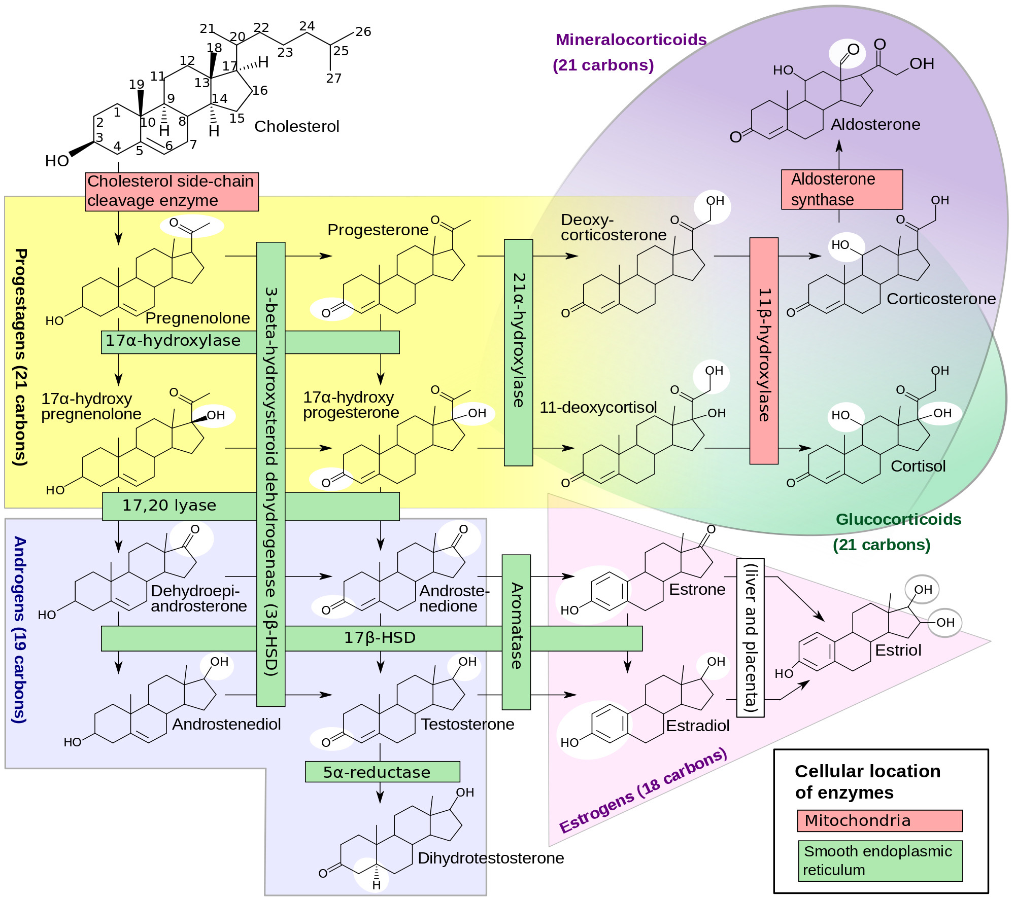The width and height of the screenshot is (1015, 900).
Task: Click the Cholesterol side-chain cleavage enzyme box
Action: tap(172, 191)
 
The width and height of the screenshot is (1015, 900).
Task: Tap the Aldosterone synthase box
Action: tap(841, 189)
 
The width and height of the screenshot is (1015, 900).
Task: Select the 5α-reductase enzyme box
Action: tap(382, 772)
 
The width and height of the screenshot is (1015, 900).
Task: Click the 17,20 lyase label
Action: tap(169, 506)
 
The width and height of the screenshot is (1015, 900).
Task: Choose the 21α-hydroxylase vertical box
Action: tap(518, 352)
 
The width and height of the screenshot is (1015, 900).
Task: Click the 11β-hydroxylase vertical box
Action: tap(764, 351)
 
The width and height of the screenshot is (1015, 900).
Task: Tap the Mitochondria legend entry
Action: tap(879, 820)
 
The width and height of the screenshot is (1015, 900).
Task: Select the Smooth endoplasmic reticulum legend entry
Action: tap(879, 860)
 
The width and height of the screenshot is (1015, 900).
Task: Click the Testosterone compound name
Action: tap(467, 724)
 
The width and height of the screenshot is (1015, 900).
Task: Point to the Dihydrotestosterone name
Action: tap(490, 858)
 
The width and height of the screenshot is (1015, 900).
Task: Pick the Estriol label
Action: tap(898, 650)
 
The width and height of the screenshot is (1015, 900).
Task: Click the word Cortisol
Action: tap(918, 466)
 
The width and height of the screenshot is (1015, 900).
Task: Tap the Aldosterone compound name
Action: tap(875, 124)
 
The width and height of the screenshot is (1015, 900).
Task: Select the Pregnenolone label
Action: tap(197, 318)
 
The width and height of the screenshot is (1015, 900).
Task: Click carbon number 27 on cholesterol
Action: tap(333, 78)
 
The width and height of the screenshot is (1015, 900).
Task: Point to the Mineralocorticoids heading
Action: tap(631, 40)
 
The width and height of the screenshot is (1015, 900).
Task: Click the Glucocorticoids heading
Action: tap(898, 519)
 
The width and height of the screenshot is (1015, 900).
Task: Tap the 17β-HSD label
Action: tap(380, 637)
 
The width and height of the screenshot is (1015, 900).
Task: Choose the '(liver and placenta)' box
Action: tap(750, 637)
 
